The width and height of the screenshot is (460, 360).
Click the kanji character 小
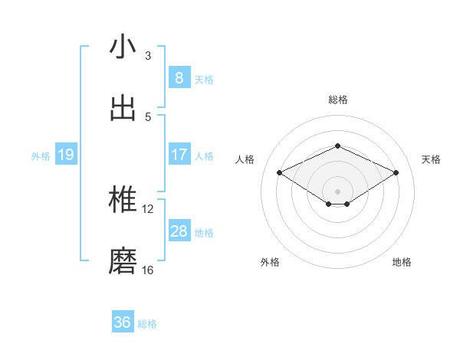point(123,47)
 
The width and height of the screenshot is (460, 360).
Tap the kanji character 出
point(123,109)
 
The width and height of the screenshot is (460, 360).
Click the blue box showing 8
point(179,78)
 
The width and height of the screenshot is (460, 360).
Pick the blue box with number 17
point(179,155)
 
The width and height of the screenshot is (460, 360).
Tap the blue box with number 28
point(179,231)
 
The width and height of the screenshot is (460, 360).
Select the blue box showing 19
point(65,155)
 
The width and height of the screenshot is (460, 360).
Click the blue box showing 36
point(123,322)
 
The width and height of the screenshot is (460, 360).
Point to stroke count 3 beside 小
point(148,55)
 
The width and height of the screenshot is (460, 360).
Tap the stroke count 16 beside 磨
point(148,270)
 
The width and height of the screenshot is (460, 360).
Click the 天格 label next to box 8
point(204,79)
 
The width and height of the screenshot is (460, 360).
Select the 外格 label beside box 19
point(41,156)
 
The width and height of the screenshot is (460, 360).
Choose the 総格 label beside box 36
point(147,323)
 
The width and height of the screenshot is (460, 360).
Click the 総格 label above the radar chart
point(337,100)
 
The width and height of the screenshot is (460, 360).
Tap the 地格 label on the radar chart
point(402,262)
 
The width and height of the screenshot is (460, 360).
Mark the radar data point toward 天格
point(396,172)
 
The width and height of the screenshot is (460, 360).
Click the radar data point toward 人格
point(279,172)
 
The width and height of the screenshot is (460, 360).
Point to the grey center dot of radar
point(337,191)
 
